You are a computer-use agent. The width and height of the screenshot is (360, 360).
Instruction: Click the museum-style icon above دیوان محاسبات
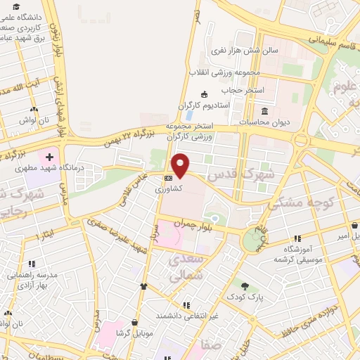264,111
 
